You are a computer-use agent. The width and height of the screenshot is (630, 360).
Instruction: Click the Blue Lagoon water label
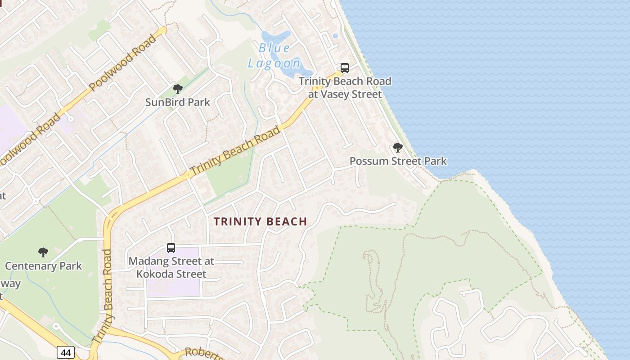274,56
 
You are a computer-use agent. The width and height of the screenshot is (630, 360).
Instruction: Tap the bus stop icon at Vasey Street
344,68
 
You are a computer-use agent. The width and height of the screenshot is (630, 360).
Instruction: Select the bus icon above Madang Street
171,247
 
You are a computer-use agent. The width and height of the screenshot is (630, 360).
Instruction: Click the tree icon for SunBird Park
178,89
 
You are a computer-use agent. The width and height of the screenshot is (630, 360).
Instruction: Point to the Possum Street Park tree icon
397,148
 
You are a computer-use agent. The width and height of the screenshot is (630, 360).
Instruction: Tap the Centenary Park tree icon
43,252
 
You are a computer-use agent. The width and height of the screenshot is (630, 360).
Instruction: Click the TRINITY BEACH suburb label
260,221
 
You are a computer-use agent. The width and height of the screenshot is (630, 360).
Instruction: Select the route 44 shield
66,352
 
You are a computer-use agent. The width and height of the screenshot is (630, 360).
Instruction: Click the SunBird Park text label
178,102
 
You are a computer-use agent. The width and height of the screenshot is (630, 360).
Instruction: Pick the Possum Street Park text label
398,161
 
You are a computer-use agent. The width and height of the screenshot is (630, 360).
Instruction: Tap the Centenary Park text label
44,266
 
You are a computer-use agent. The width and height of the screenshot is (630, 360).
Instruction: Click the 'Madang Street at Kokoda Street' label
171,267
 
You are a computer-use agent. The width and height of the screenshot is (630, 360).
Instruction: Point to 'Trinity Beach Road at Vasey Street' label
345,88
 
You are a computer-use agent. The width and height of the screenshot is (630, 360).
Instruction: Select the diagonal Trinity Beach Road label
235,152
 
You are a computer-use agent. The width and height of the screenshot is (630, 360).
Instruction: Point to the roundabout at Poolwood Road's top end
162,31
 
